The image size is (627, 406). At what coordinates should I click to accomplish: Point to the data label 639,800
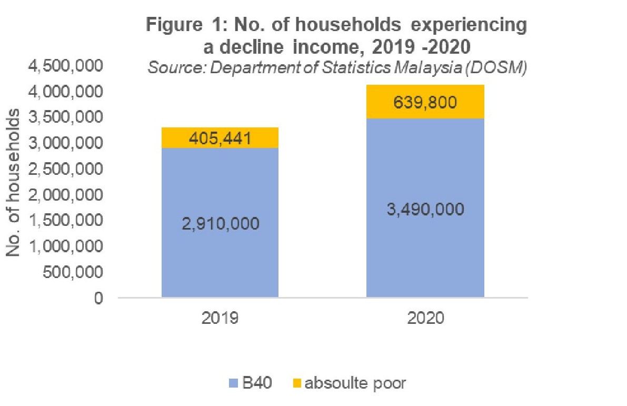click(x=425, y=102)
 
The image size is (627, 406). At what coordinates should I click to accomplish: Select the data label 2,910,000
click(x=220, y=223)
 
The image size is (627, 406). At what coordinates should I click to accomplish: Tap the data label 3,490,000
click(x=425, y=209)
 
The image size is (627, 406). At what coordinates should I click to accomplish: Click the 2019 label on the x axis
click(x=220, y=319)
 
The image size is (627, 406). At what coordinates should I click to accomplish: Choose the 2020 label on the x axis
click(x=425, y=319)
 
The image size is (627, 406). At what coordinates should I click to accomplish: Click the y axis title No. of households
click(x=15, y=182)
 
